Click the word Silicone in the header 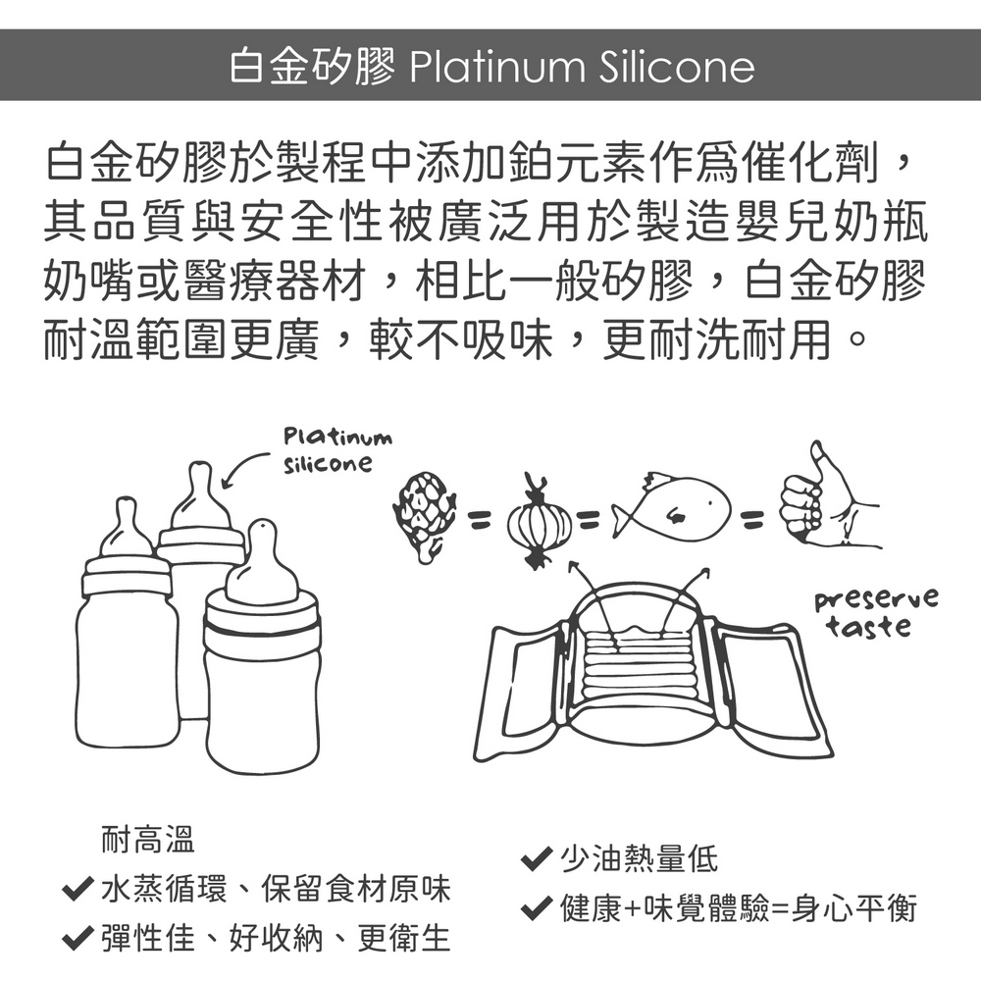pos(677,67)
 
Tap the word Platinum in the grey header pos(496,67)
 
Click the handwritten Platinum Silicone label pos(337,450)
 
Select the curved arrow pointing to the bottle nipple pos(244,468)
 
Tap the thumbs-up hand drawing pos(826,497)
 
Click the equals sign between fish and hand pos(751,517)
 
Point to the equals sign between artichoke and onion pos(480,517)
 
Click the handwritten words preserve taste pos(876,612)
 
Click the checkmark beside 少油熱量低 pos(537,859)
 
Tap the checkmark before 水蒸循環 pos(77,889)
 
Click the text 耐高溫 pos(148,839)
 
